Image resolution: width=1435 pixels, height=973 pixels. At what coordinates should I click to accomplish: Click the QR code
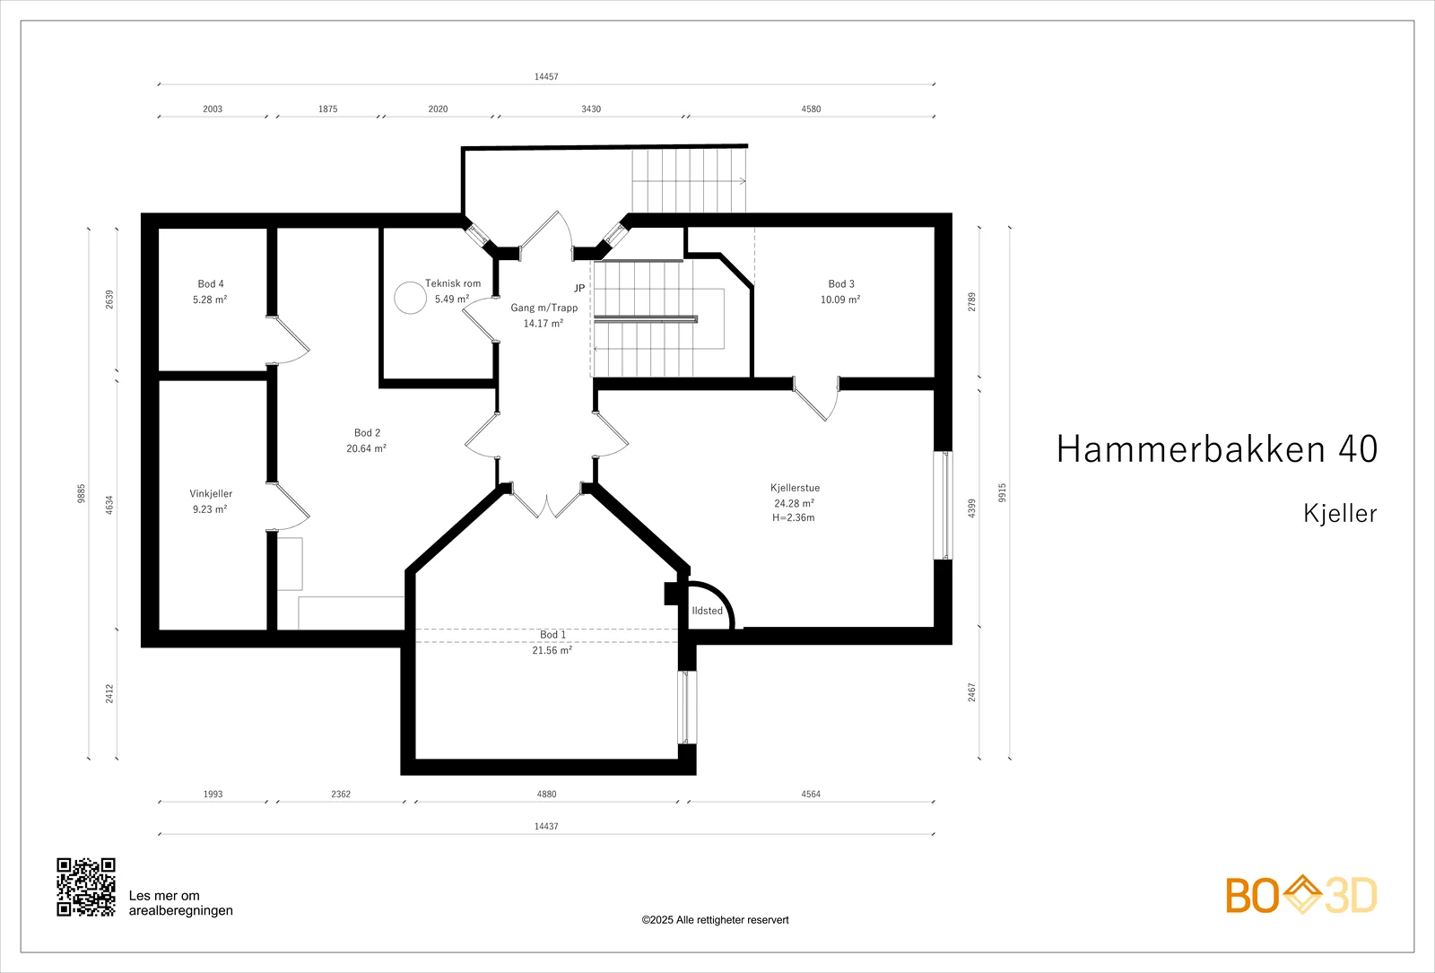pyautogui.click(x=86, y=887)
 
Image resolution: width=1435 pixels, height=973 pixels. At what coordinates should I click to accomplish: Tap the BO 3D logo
pyautogui.click(x=1301, y=895)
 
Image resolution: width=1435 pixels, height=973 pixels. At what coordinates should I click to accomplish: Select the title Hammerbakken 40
pyautogui.click(x=1216, y=449)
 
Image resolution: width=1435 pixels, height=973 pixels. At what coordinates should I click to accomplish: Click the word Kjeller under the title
pyautogui.click(x=1340, y=514)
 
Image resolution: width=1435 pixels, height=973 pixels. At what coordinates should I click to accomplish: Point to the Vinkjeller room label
pyautogui.click(x=211, y=494)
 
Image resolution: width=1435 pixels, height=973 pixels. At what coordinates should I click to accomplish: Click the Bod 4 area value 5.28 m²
pyautogui.click(x=210, y=300)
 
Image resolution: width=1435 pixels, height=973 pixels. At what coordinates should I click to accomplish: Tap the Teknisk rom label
pyautogui.click(x=453, y=283)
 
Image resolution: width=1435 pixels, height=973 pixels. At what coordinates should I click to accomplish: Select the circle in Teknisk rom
pyautogui.click(x=410, y=298)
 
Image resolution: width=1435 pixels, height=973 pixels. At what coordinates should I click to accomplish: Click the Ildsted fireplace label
pyautogui.click(x=708, y=611)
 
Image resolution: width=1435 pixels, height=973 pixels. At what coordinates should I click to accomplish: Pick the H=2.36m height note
pyautogui.click(x=794, y=517)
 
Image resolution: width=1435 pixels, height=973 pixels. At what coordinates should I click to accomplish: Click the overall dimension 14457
pyautogui.click(x=546, y=77)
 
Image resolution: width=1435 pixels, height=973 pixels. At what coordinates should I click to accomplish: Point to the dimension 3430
pyautogui.click(x=591, y=109)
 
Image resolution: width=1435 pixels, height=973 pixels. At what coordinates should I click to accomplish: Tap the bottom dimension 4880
pyautogui.click(x=546, y=795)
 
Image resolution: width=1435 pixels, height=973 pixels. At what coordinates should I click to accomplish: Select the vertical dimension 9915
pyautogui.click(x=1003, y=492)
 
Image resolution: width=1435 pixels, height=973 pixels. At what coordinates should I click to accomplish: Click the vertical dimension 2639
pyautogui.click(x=109, y=300)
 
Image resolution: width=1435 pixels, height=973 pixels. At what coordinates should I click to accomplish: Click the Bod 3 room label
pyautogui.click(x=841, y=283)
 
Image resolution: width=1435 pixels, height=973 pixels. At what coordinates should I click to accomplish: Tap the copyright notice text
pyautogui.click(x=715, y=920)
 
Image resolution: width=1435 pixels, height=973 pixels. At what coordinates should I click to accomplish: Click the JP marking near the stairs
pyautogui.click(x=579, y=288)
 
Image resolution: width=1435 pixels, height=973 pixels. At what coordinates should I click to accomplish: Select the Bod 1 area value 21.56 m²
pyautogui.click(x=552, y=650)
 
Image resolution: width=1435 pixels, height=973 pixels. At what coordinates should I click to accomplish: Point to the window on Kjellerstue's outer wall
pyautogui.click(x=943, y=506)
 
